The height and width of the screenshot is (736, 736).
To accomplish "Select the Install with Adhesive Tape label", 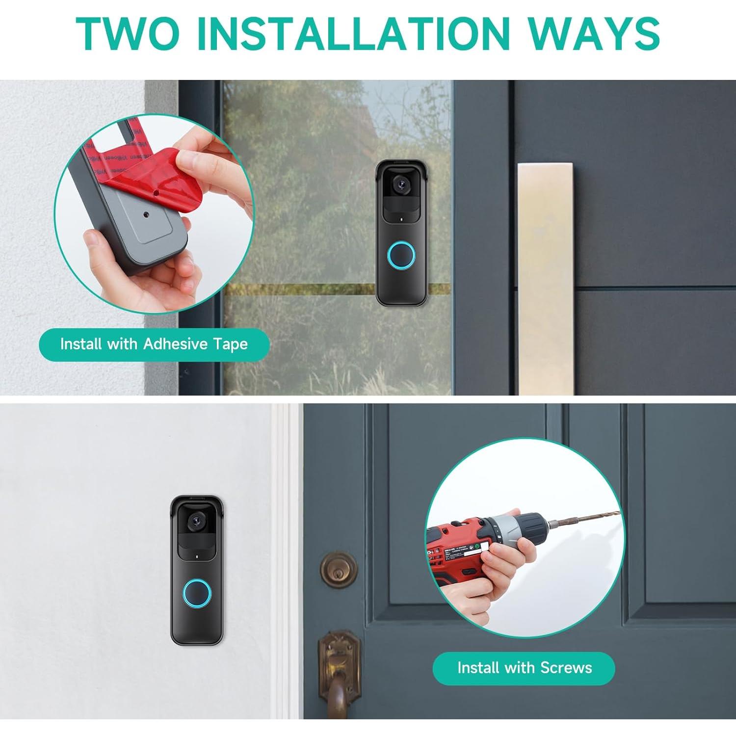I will pyautogui.click(x=154, y=344).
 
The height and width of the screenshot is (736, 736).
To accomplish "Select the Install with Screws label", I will pyautogui.click(x=524, y=668).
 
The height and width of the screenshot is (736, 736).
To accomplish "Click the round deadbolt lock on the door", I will pyautogui.click(x=339, y=569).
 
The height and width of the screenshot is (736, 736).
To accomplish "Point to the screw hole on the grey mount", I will pyautogui.click(x=146, y=214).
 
